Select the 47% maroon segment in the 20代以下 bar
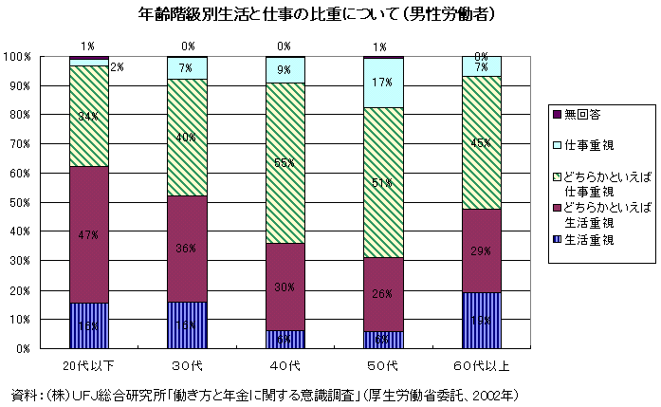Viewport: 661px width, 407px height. tap(88, 234)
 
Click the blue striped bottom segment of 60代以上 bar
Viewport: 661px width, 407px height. tap(481, 321)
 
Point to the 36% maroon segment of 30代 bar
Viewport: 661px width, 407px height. tap(187, 249)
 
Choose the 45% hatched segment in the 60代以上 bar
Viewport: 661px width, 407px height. tap(481, 143)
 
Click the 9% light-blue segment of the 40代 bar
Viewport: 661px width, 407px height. tap(285, 70)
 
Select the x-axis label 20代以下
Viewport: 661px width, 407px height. tap(88, 364)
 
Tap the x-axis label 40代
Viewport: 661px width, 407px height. tap(285, 364)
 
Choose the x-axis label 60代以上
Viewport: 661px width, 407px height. tap(481, 364)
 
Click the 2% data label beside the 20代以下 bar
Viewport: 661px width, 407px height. tap(118, 67)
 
